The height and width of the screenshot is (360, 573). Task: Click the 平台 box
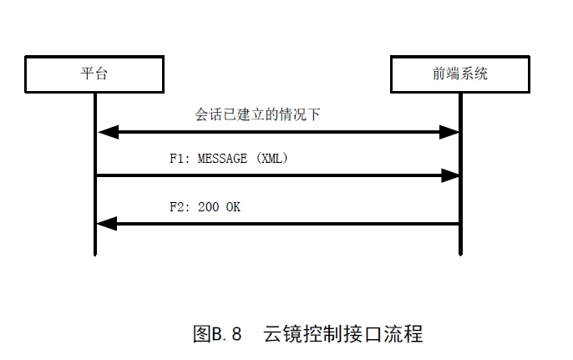pos(94,74)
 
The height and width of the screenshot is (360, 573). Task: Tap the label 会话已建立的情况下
pos(257,115)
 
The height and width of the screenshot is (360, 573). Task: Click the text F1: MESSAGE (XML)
pos(229,159)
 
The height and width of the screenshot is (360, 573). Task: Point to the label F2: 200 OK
pos(205,207)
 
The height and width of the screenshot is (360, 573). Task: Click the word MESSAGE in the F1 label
pos(225,159)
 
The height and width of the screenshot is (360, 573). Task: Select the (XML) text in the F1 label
pos(272,159)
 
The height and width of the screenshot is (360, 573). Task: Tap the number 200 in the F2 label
pos(209,207)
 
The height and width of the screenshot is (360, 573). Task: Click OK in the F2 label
pos(232,207)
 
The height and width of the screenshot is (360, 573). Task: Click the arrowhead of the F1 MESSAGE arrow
pos(450,175)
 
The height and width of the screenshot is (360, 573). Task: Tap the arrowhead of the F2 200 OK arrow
pos(105,223)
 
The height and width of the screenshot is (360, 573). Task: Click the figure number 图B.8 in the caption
pos(216,334)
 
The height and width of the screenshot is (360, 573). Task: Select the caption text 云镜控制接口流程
pos(342,334)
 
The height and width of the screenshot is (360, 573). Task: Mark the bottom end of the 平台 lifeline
pos(95,254)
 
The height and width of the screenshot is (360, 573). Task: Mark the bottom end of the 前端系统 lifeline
pos(460,254)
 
